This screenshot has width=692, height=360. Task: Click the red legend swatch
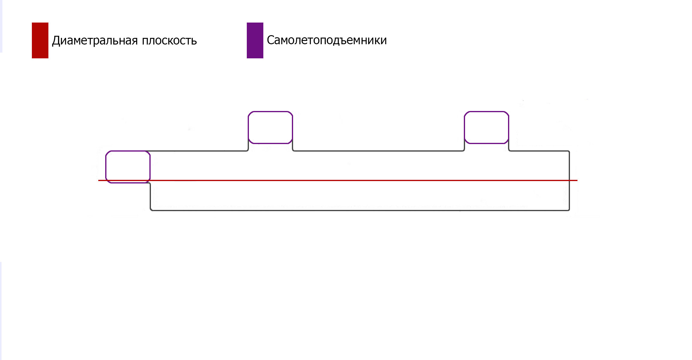[40, 40]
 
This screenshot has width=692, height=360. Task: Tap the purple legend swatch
[255, 40]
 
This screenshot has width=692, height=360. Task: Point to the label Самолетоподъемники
[327, 40]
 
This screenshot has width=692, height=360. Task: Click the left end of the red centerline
[99, 180]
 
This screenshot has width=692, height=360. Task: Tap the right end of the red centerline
[577, 180]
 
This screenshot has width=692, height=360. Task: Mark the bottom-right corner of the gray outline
[569, 210]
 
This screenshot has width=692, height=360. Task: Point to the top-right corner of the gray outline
[569, 151]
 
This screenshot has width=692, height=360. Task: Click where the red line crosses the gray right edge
[569, 180]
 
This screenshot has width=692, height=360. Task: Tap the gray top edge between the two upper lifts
[378, 151]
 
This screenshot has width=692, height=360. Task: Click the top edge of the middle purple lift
[270, 112]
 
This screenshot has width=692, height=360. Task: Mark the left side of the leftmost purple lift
[106, 167]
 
